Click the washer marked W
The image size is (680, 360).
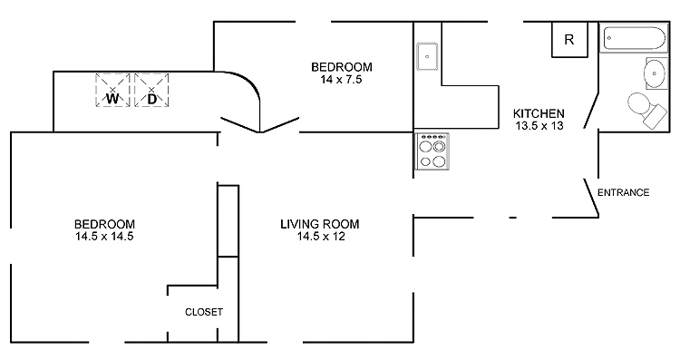[112, 90]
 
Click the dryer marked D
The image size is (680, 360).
[151, 90]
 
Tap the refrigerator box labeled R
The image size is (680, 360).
[570, 40]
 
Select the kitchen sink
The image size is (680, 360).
[428, 56]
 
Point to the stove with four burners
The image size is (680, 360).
[432, 151]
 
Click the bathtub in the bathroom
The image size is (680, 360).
[634, 38]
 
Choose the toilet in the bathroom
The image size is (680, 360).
[646, 110]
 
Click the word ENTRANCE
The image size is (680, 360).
[623, 192]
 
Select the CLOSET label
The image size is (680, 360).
[204, 312]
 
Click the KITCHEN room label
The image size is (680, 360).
[539, 113]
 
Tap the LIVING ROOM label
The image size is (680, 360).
[320, 224]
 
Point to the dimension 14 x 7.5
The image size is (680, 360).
[341, 80]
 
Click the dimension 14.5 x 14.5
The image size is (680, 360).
[104, 237]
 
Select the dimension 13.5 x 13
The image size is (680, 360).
[539, 126]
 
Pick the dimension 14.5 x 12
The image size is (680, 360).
[321, 237]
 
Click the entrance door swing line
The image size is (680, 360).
[591, 198]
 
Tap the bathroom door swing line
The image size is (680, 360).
[591, 110]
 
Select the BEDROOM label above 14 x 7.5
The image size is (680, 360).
[342, 67]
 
